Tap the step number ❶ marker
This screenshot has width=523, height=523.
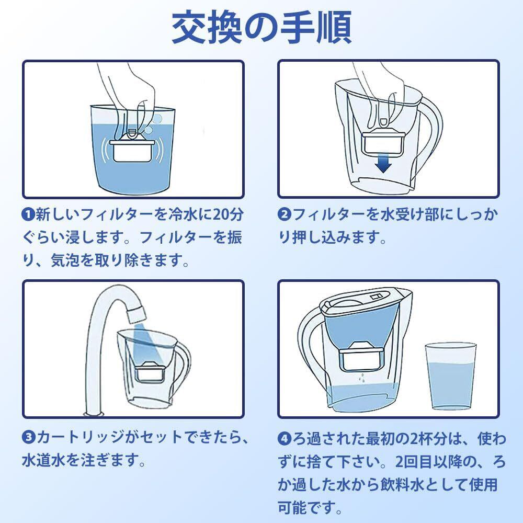click(x=29, y=214)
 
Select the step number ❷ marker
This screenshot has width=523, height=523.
click(x=284, y=214)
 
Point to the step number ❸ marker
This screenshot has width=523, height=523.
click(x=29, y=437)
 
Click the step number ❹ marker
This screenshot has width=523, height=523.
click(x=284, y=438)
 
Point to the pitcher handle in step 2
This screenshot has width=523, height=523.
click(x=430, y=137)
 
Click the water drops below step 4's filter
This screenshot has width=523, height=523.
click(x=362, y=378)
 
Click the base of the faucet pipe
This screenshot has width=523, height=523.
click(x=94, y=414)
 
